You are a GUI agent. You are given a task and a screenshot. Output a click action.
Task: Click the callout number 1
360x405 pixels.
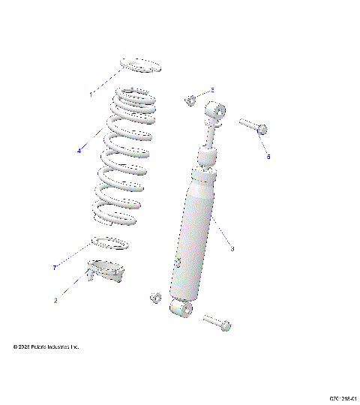point(91,94)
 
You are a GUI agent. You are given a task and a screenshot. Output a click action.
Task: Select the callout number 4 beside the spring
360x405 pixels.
point(79,151)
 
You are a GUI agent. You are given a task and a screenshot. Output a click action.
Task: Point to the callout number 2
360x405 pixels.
point(55,300)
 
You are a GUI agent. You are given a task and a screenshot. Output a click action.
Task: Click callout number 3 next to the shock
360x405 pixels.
point(232,249)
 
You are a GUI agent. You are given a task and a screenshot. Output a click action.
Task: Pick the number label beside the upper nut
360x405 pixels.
point(211,90)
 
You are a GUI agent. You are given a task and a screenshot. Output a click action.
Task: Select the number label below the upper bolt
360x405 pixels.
point(268,156)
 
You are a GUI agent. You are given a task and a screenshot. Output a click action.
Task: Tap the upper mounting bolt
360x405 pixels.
point(252,125)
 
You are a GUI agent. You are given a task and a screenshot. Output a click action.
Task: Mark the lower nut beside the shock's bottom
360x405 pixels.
point(156,298)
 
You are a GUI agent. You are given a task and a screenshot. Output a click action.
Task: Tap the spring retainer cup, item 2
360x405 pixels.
point(105,270)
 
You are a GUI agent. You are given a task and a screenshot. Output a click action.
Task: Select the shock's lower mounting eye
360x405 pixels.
point(182,308)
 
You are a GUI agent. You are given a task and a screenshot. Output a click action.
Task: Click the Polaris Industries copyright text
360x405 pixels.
point(46,347)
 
